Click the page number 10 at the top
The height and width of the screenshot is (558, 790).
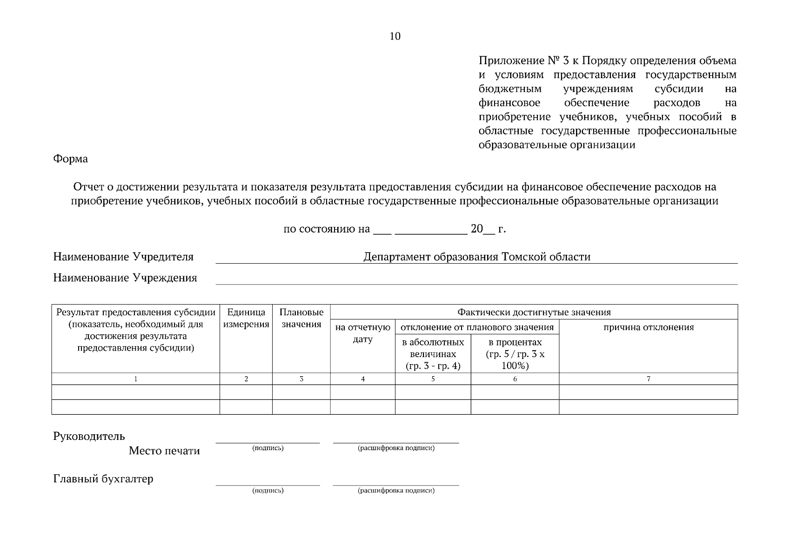395,36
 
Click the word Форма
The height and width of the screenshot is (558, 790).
70,159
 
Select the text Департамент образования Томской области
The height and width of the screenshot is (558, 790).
477,257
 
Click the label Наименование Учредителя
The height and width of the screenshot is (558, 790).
123,257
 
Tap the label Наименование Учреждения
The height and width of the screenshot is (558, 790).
125,278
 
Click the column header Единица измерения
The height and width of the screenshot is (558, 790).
246,318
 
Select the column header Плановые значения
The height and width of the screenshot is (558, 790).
301,318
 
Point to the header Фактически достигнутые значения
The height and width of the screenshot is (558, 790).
534,312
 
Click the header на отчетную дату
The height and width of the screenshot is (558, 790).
362,333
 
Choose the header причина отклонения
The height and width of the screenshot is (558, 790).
648,327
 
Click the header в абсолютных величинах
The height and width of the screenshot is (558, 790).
433,354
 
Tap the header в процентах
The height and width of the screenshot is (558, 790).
515,354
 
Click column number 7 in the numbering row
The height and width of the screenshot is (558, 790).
648,379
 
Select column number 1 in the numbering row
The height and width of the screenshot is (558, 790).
135,379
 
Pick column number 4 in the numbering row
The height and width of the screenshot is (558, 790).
362,379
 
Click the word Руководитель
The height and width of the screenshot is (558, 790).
89,436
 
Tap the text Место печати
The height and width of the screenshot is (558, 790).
164,451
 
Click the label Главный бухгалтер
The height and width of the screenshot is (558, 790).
103,478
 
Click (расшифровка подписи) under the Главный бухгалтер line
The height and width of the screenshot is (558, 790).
396,491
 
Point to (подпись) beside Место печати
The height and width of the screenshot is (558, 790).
268,448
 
